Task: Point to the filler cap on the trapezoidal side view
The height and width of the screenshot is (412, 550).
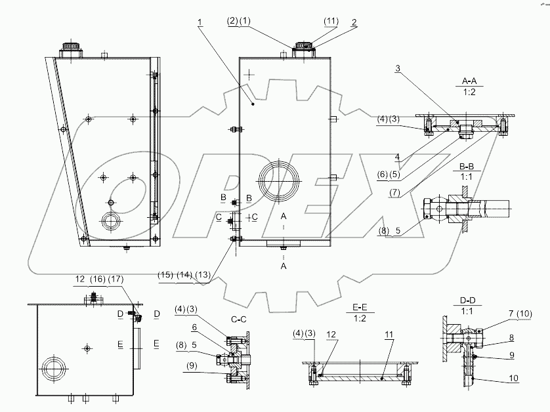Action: click(x=70, y=50)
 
